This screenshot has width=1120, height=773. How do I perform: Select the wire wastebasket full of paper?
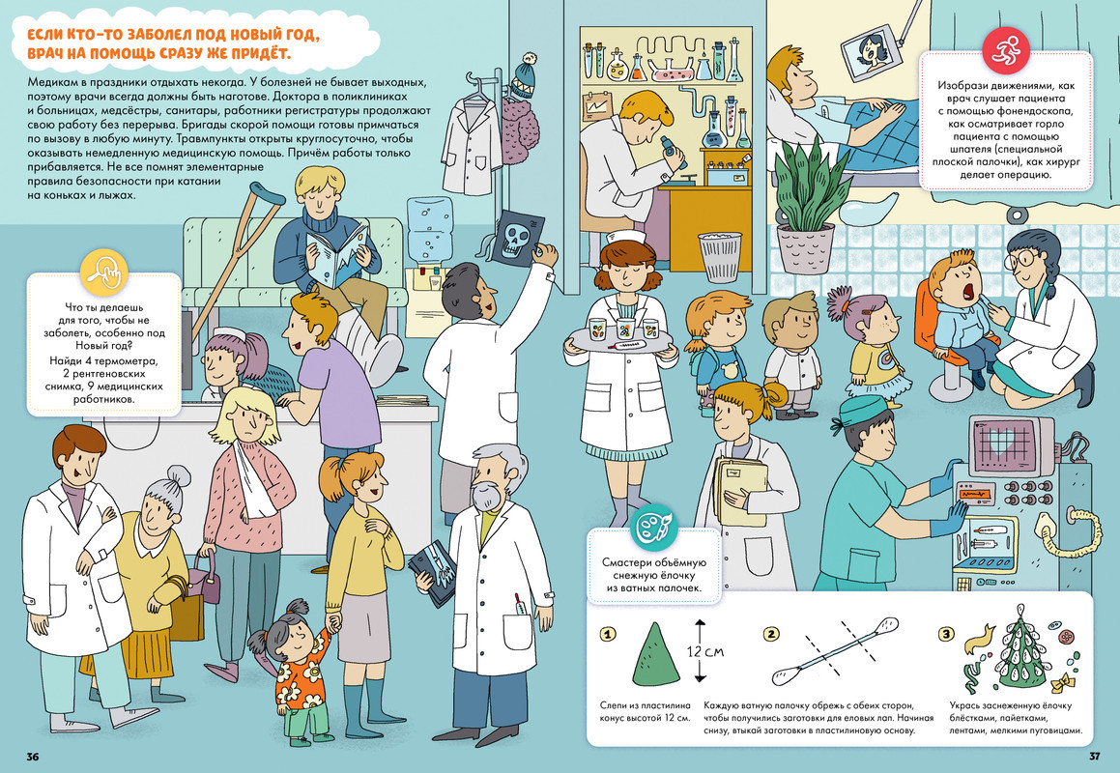pyautogui.click(x=720, y=256)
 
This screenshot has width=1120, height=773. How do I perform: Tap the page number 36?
pyautogui.click(x=32, y=757)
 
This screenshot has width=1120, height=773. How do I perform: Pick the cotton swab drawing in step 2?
pyautogui.click(x=830, y=651)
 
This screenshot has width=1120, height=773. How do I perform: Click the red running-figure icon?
pyautogui.click(x=1006, y=48)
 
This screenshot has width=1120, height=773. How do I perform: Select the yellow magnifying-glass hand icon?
pyautogui.click(x=103, y=272)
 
